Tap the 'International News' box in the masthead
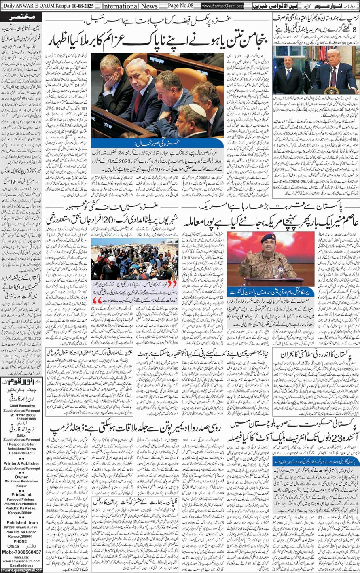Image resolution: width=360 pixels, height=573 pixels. pyautogui.click(x=129, y=6)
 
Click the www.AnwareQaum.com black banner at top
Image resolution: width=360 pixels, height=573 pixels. pyautogui.click(x=223, y=6)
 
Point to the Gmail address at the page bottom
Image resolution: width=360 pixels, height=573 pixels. pyautogui.click(x=21, y=570)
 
